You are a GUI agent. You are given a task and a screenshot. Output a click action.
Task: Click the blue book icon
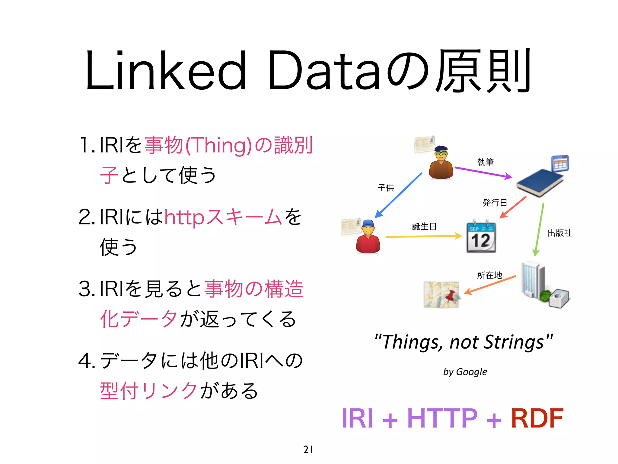(x=540, y=182)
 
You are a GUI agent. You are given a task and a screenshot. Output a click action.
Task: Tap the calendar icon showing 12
(x=481, y=237)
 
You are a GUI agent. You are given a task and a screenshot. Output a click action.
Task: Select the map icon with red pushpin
(x=441, y=295)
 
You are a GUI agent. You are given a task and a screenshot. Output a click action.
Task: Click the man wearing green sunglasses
(x=441, y=163)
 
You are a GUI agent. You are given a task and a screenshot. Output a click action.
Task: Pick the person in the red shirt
(x=368, y=237)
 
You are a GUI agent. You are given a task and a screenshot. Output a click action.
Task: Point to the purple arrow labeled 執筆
(x=483, y=172)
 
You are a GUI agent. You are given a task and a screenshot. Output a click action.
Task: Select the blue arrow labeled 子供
(x=398, y=195)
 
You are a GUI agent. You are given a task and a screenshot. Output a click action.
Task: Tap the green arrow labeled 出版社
(x=539, y=230)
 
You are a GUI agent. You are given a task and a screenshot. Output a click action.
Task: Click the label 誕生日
(x=424, y=226)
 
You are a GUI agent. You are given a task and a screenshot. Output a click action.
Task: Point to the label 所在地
(x=489, y=275)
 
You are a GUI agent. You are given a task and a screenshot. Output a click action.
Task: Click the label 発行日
(x=495, y=202)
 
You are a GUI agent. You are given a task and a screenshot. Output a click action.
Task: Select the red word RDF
(x=537, y=418)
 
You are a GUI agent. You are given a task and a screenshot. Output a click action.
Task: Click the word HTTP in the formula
(x=442, y=418)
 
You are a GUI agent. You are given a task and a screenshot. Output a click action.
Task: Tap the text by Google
(x=465, y=372)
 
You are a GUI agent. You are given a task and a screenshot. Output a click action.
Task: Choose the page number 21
(x=308, y=449)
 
